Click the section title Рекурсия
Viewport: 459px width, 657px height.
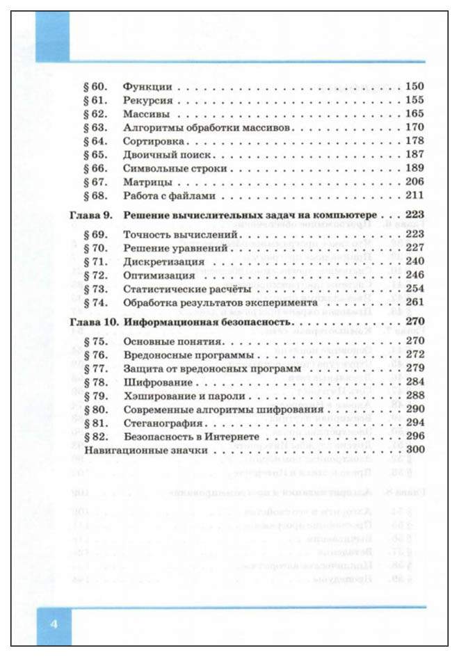(147, 100)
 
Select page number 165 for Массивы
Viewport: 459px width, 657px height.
(414, 113)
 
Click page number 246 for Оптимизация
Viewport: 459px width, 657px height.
(414, 275)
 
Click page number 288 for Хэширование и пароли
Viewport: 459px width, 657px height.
(414, 396)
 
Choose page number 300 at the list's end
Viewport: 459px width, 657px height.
(414, 451)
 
